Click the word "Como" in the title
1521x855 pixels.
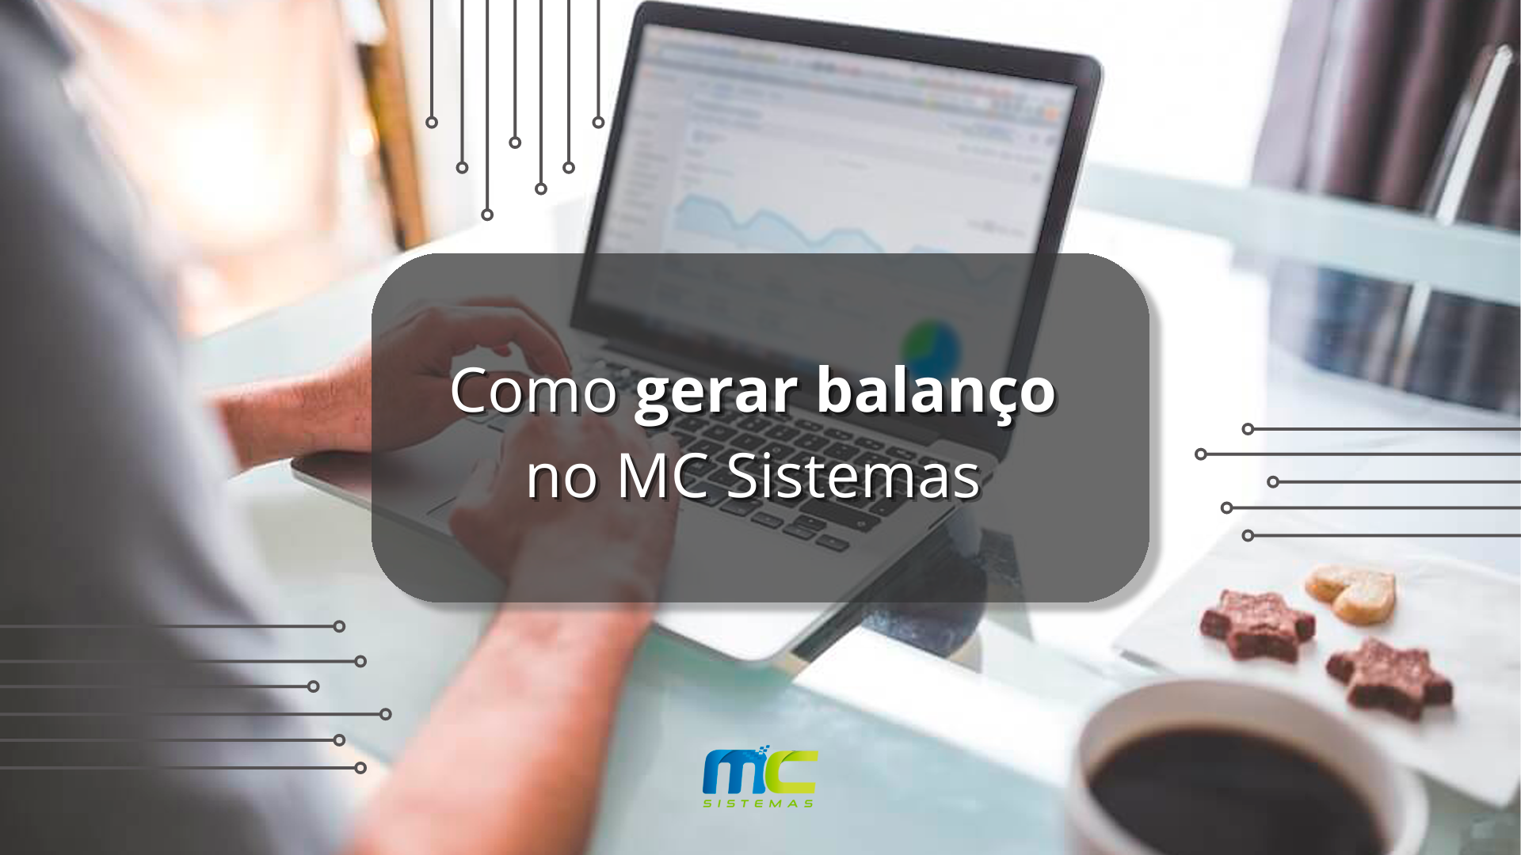pos(534,390)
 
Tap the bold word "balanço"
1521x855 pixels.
pos(936,393)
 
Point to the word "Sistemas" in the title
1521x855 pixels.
pos(853,477)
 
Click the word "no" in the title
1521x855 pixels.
pos(562,480)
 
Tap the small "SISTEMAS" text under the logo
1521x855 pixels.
pos(759,804)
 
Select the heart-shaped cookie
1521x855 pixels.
pos(1351,593)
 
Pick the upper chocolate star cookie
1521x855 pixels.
pos(1257,625)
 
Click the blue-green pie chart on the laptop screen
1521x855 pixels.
pos(932,345)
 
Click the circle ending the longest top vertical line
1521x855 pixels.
pos(487,215)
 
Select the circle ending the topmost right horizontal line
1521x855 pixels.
pos(1248,429)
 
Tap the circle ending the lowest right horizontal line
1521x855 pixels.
pos(1248,536)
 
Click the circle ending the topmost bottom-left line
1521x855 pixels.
pos(339,626)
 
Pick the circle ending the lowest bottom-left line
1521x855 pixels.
pos(360,768)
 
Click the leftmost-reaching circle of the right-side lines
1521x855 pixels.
pos(1201,454)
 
